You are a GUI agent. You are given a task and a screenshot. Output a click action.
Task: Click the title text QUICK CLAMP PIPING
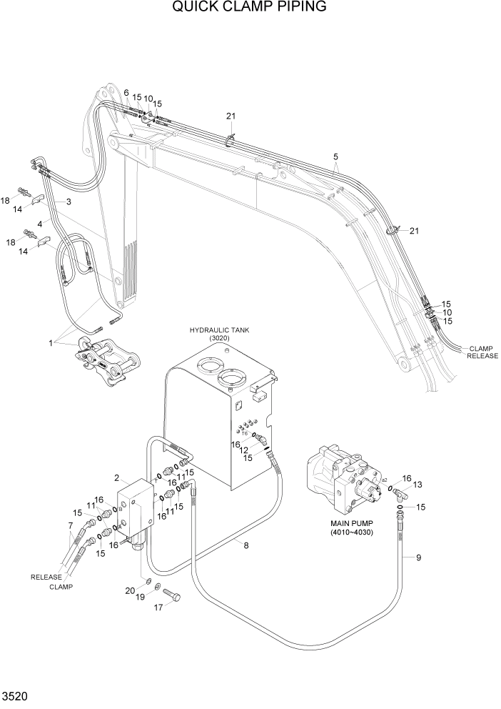[x=250, y=8]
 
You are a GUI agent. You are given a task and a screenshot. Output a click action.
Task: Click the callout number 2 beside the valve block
[x=116, y=477]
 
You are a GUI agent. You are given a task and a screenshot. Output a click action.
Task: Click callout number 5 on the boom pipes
[x=335, y=156]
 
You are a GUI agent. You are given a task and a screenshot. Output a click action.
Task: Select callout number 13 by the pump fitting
[x=418, y=485]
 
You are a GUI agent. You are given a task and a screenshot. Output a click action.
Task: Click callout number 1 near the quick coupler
[x=51, y=343]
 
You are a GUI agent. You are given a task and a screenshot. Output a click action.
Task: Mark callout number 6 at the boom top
[x=126, y=93]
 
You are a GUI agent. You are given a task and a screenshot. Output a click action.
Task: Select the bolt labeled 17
[x=172, y=594]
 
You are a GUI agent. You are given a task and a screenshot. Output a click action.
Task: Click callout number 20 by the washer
[x=130, y=590]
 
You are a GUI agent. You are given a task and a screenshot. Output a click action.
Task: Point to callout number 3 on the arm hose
[x=69, y=202]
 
